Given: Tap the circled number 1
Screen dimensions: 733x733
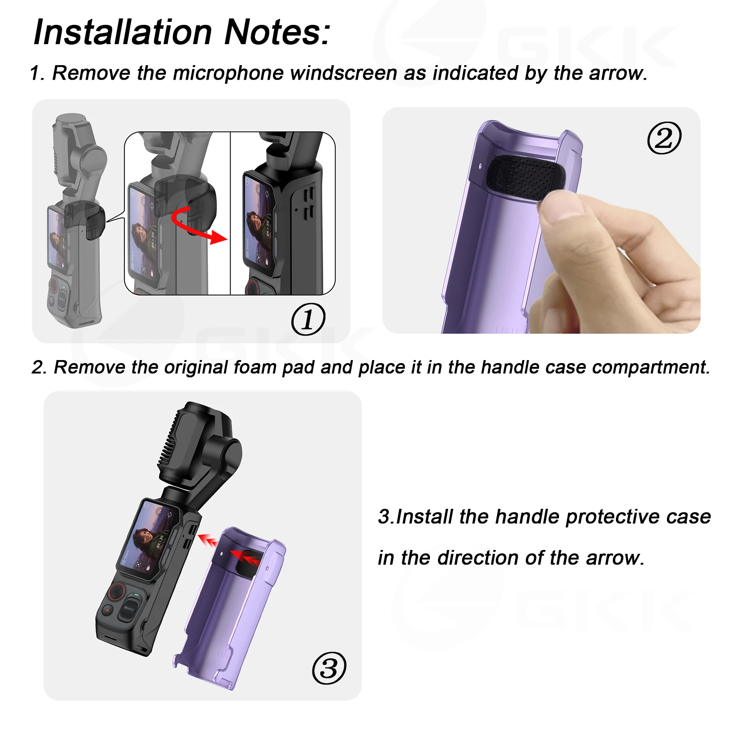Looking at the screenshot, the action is [x=308, y=319].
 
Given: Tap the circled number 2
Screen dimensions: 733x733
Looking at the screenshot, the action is [x=664, y=138].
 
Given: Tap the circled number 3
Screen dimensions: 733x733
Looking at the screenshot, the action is [x=329, y=668].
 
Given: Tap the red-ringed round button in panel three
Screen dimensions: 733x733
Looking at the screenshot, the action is [x=117, y=592].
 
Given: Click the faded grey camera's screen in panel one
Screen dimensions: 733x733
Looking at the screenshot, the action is [x=57, y=240].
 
